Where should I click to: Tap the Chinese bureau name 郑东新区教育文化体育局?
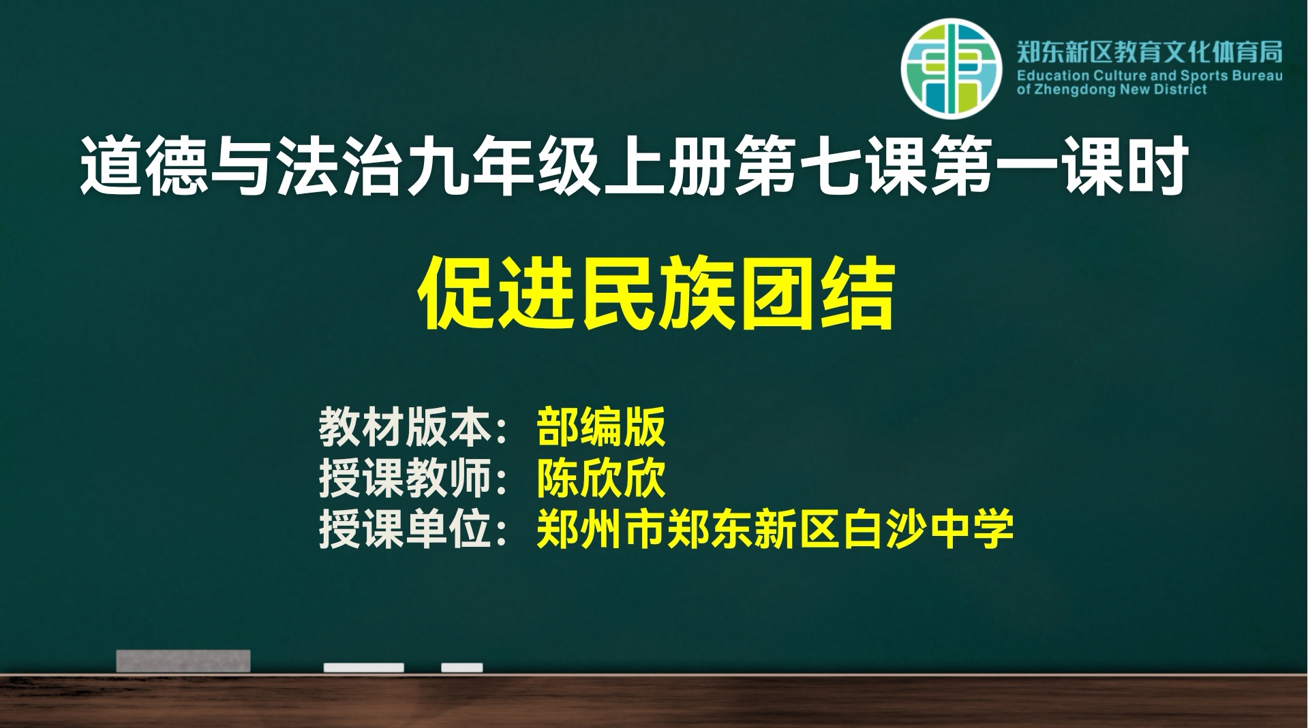[x=1149, y=52]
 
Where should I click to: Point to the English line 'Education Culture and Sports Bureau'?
[x=1149, y=76]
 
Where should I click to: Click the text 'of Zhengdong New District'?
[x=1112, y=90]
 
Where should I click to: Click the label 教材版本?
[x=406, y=427]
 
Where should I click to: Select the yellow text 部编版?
[x=600, y=427]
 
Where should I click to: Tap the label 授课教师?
[x=406, y=478]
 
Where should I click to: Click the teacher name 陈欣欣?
[x=600, y=478]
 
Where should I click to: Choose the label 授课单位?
[x=406, y=529]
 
